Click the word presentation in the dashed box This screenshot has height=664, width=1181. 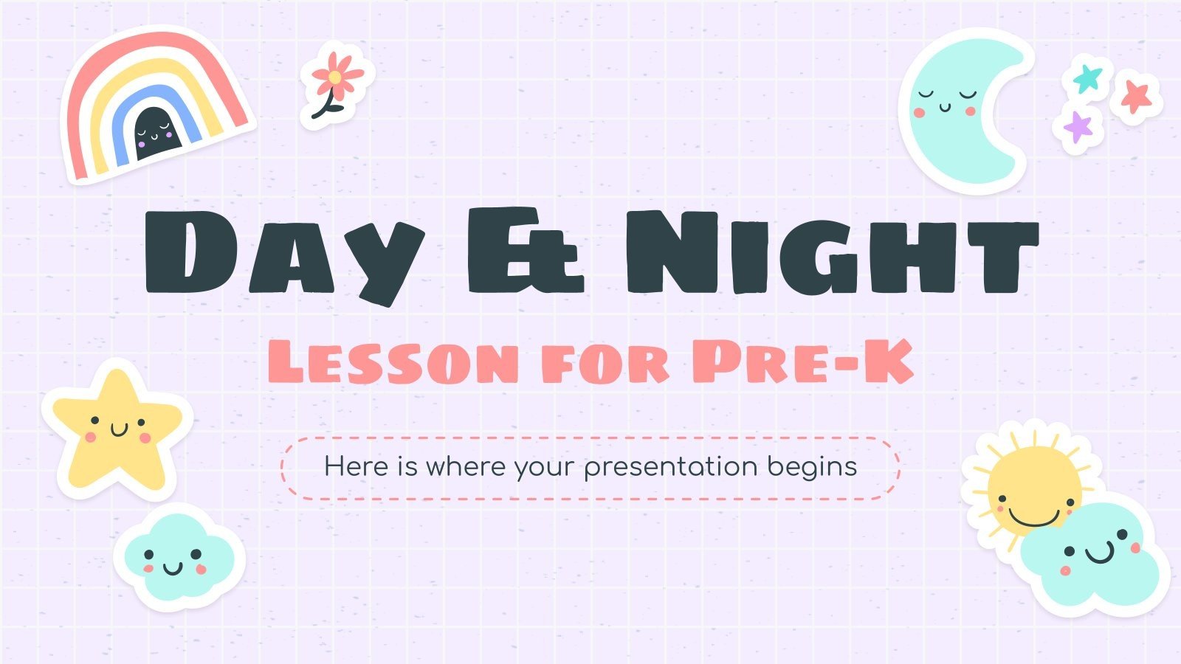672,467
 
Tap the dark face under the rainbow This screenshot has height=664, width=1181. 154,133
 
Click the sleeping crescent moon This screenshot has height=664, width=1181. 960,111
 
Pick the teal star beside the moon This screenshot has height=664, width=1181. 1087,77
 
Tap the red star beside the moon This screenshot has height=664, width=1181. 1136,95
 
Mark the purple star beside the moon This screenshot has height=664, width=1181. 1078,126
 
